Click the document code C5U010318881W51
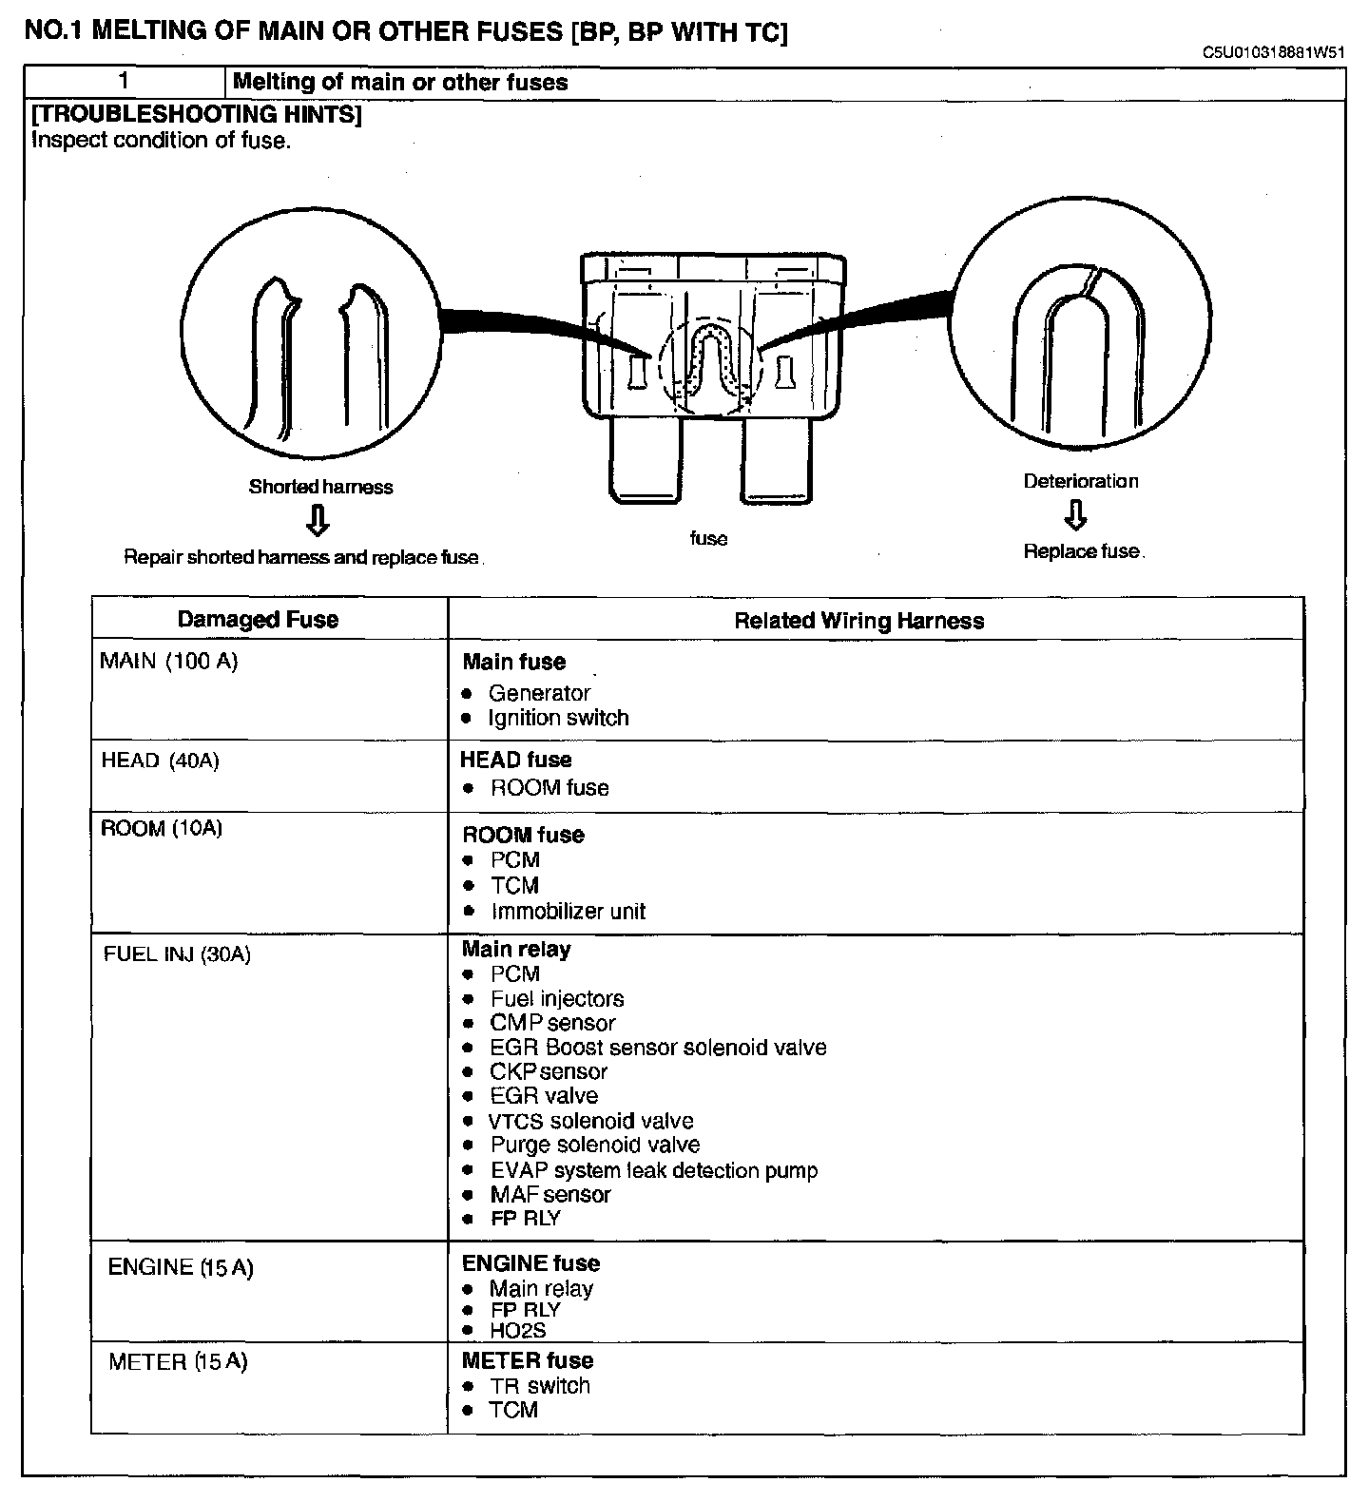[1273, 53]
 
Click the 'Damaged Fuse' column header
[258, 620]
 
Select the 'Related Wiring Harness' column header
[858, 621]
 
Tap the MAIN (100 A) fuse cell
[169, 662]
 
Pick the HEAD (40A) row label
[160, 761]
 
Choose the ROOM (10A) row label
[162, 829]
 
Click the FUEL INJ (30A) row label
[177, 954]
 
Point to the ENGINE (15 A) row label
[181, 1267]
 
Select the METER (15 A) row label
[178, 1362]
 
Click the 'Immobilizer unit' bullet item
[568, 912]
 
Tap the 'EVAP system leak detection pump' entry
[654, 1170]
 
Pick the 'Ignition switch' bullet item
[558, 718]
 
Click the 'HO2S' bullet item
[518, 1331]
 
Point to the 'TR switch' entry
[540, 1386]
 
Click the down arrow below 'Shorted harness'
[318, 521]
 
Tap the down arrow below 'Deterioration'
[1075, 515]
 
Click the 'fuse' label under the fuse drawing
[708, 538]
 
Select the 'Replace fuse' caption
[1081, 551]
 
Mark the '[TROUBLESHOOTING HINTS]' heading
[197, 115]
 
